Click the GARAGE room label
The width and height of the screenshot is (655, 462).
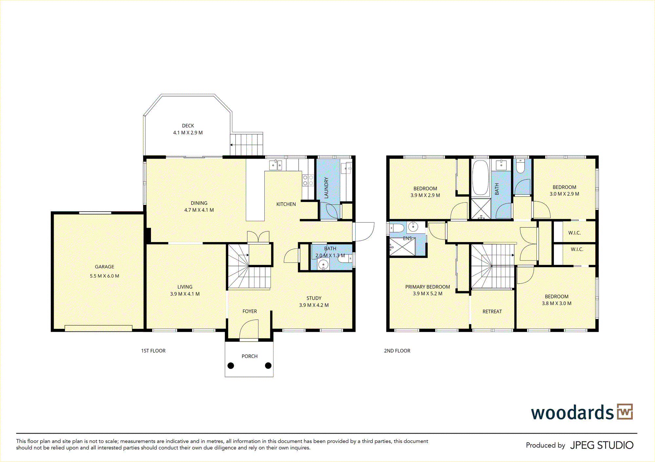104,267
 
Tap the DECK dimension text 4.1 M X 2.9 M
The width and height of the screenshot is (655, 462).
188,133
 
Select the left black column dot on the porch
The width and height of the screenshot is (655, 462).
231,365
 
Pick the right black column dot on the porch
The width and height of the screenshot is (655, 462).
268,365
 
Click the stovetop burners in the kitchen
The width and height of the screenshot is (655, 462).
308,180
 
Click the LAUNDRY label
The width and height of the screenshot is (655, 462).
326,188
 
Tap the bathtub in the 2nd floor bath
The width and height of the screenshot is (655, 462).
480,178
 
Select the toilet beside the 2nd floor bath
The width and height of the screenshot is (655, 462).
520,166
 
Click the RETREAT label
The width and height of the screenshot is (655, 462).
492,311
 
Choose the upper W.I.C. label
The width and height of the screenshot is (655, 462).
574,233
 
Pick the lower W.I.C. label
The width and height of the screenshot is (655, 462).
577,249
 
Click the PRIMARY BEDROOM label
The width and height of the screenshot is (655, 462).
428,287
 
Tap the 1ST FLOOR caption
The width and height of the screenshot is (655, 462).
153,351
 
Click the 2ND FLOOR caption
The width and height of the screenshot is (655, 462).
397,351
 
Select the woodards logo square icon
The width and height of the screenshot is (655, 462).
625,412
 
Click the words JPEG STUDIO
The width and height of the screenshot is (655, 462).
602,445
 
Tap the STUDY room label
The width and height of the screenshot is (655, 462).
314,298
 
